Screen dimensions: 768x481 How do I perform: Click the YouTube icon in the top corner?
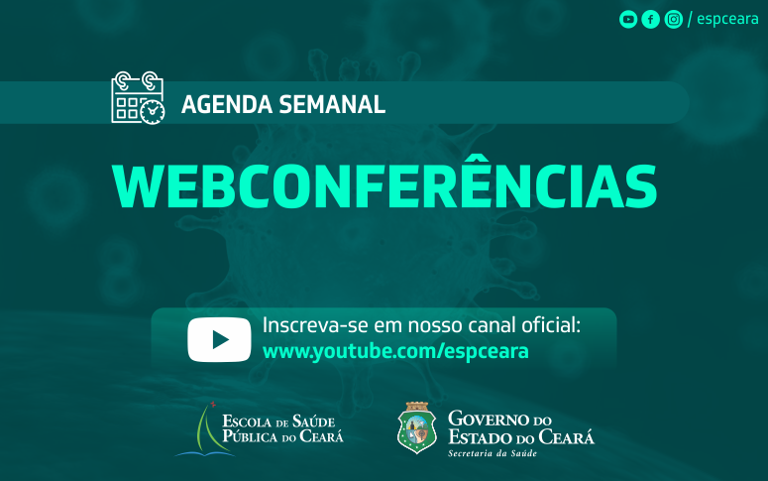coord(628,20)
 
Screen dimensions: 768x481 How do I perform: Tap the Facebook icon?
coord(650,20)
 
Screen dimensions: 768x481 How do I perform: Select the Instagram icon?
coord(674,20)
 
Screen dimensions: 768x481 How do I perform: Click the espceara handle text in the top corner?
coord(727,19)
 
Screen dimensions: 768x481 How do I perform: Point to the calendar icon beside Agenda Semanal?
coord(138,97)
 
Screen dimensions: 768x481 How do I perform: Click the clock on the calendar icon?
coord(153,112)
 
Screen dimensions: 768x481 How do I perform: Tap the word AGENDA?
coord(227,104)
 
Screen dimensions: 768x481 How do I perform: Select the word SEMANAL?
coord(332,104)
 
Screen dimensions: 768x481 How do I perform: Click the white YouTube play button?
coord(219,339)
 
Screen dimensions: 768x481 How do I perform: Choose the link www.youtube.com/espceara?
coord(395,351)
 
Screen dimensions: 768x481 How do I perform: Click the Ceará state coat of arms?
coord(417,428)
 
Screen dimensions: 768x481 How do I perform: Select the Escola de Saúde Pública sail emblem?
coord(206,430)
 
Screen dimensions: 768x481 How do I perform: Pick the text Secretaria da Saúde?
coord(493,453)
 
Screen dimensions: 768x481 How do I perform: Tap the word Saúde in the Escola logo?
coord(314,421)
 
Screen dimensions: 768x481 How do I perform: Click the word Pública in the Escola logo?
coord(251,436)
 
